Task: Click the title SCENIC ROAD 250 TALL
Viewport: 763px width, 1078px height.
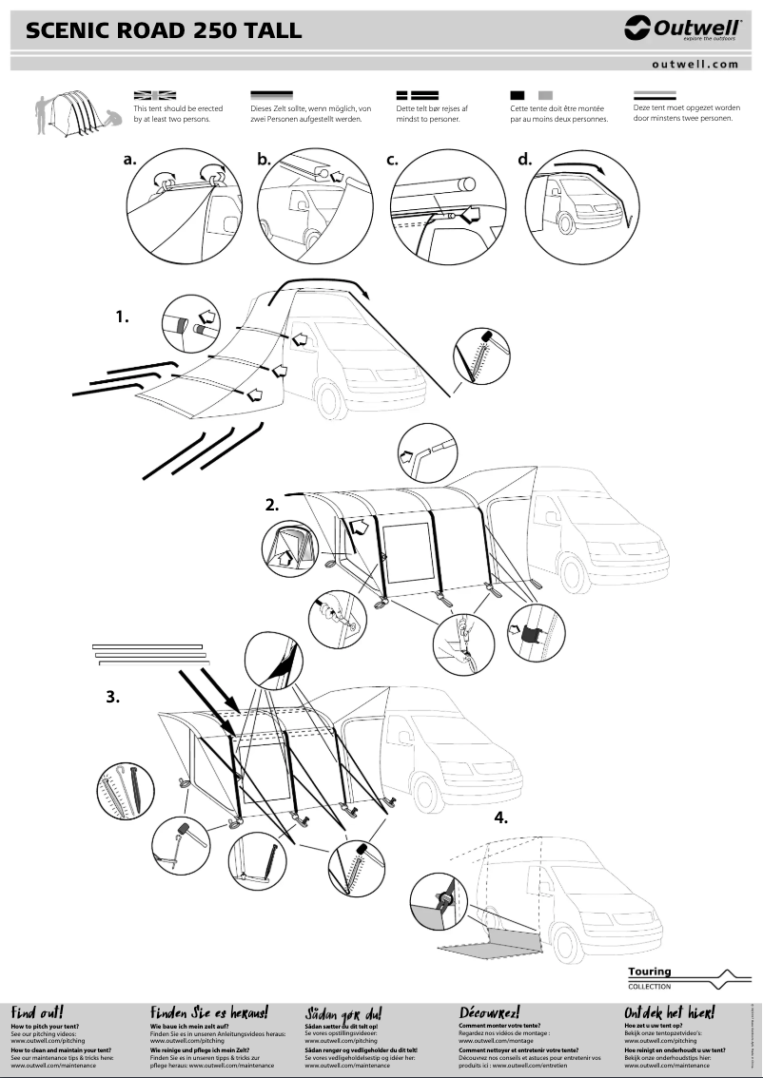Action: [x=164, y=31]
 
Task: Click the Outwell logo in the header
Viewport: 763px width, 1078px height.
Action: [x=681, y=31]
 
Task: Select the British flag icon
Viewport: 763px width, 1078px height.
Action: [x=155, y=95]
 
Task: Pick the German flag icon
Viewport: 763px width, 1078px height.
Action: [x=271, y=95]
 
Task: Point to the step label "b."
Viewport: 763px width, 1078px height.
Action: [x=264, y=161]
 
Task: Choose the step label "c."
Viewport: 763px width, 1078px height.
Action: [x=392, y=161]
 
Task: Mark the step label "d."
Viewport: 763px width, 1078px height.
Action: [x=524, y=159]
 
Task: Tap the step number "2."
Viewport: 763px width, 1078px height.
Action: [x=272, y=505]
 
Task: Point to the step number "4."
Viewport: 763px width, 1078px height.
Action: [x=501, y=818]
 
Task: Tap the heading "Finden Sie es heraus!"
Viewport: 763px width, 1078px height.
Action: [x=209, y=1012]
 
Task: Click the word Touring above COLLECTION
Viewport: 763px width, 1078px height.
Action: [x=650, y=972]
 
